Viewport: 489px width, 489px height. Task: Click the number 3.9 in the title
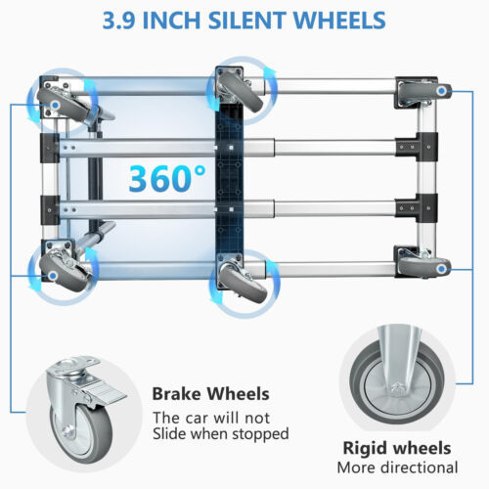pos(119,21)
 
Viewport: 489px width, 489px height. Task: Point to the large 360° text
pos(167,179)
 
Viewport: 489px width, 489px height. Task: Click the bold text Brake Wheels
pos(210,394)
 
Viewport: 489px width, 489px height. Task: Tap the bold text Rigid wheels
pos(397,448)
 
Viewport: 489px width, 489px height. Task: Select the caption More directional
pos(397,467)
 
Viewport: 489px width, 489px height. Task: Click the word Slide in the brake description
pos(170,433)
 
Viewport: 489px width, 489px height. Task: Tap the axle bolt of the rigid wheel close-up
pos(397,388)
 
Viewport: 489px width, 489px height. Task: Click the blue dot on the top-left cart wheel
pos(56,106)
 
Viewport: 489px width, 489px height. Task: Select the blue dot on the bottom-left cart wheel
pos(53,277)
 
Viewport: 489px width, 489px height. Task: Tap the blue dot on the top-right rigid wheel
pos(441,91)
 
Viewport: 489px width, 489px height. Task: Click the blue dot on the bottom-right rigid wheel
pos(442,269)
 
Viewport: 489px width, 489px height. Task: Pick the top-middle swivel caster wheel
pos(241,91)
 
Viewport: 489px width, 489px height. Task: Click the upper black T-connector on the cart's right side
pos(417,147)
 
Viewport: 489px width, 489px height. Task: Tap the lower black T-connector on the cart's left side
pos(50,210)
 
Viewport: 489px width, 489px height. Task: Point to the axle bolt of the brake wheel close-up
pos(67,432)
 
